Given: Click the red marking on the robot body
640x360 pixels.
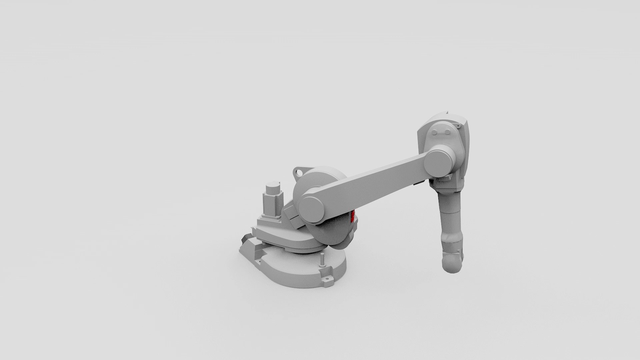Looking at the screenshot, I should pyautogui.click(x=353, y=217).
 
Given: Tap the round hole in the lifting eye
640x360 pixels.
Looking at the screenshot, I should pyautogui.click(x=298, y=173).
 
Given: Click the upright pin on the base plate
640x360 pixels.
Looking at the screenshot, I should pyautogui.click(x=322, y=260).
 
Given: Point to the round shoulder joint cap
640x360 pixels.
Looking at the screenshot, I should pyautogui.click(x=312, y=209).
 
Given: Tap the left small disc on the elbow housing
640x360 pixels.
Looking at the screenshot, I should pyautogui.click(x=435, y=133).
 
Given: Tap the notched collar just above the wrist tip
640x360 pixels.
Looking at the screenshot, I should pyautogui.click(x=453, y=248).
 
